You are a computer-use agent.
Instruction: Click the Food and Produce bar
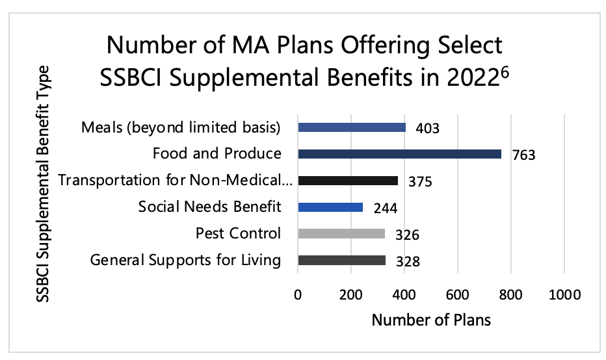click(x=399, y=154)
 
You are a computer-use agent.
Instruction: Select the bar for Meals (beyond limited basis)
click(x=352, y=127)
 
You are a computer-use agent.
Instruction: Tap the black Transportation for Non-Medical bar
click(x=348, y=181)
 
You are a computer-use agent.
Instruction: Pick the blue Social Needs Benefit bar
click(x=330, y=207)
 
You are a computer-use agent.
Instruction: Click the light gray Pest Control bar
click(x=341, y=234)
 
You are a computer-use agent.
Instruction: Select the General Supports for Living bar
click(x=342, y=261)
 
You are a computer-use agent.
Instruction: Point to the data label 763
click(x=523, y=156)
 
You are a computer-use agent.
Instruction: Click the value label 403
click(x=427, y=129)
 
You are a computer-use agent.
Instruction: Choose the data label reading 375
click(x=419, y=183)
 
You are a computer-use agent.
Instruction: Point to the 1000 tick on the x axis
click(x=564, y=294)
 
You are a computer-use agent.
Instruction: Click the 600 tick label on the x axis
click(x=458, y=294)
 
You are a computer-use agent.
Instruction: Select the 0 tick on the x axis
click(x=298, y=294)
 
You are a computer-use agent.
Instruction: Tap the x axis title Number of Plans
click(x=431, y=320)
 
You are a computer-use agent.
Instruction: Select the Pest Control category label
click(x=238, y=234)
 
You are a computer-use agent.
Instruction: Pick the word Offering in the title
click(x=341, y=47)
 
